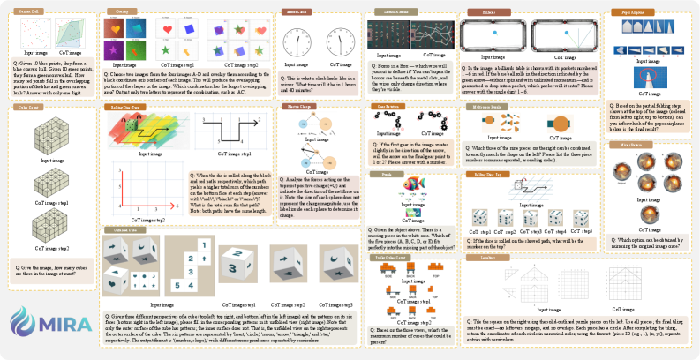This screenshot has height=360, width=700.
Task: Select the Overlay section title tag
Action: click(x=117, y=11)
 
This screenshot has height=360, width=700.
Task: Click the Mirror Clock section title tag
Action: click(x=294, y=13)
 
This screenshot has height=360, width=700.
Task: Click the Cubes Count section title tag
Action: click(x=30, y=106)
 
